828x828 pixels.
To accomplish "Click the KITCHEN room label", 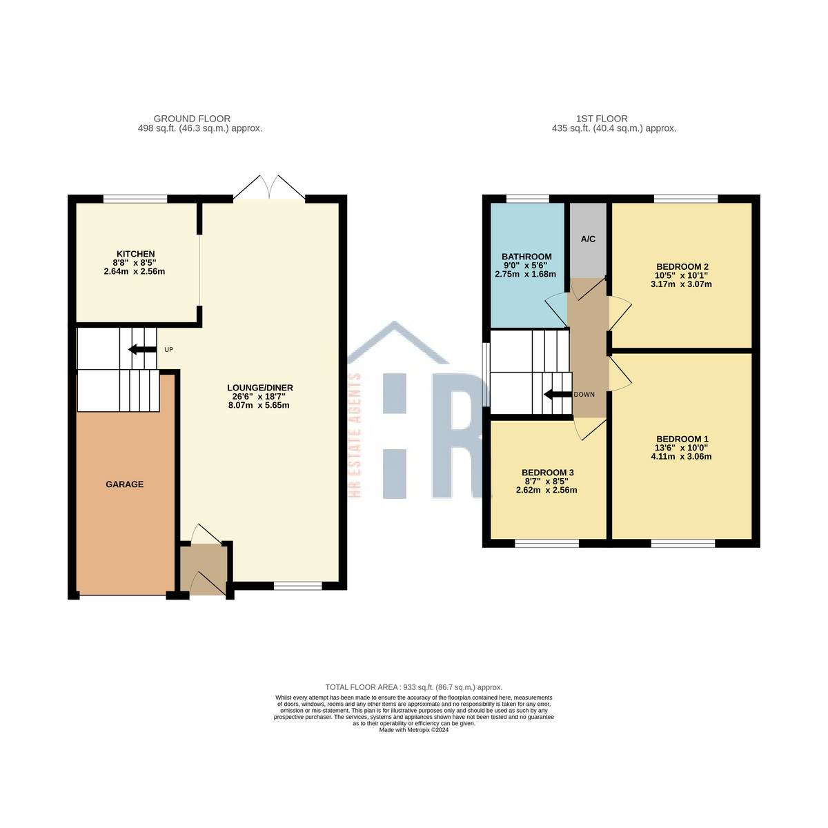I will (135, 254).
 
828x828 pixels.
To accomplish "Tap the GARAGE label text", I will (125, 484).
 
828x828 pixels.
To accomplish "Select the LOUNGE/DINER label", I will (260, 388).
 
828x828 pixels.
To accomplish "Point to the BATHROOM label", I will (526, 257).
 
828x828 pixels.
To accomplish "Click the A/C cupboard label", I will (588, 239).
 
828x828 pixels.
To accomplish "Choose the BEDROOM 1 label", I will (682, 439).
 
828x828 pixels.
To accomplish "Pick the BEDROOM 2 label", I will (682, 267).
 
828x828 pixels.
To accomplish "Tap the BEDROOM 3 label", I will (547, 473).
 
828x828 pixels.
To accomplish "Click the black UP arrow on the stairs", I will (142, 349).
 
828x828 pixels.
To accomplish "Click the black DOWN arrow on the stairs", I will (558, 395).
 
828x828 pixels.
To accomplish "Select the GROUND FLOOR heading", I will (192, 119).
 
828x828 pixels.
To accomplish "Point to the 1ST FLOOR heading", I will (602, 119).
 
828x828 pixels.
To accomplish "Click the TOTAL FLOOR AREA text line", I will (414, 687).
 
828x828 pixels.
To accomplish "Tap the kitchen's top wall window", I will (135, 199).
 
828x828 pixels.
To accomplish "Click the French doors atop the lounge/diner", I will (269, 188).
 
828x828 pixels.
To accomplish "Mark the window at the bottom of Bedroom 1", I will (682, 544).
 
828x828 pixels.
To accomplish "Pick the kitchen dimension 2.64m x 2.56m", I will (135, 272).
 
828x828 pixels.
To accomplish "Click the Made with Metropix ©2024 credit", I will (414, 729).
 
